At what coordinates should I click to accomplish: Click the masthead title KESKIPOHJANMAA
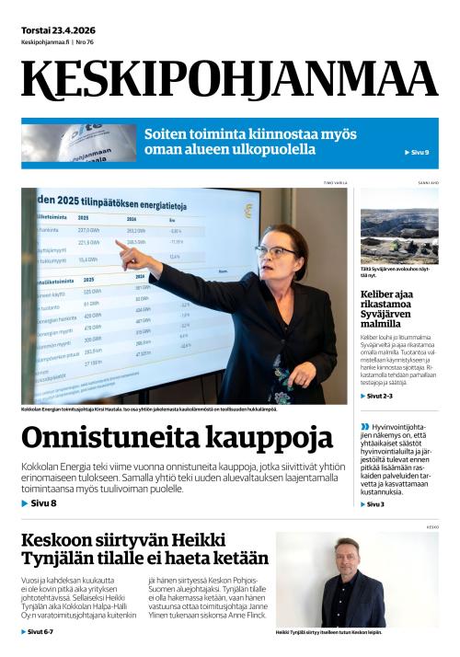pyautogui.click(x=229, y=81)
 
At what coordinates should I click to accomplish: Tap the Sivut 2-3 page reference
pyautogui.click(x=378, y=396)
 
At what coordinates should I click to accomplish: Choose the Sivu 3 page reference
pyautogui.click(x=374, y=504)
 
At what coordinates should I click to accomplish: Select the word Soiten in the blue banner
pyautogui.click(x=167, y=134)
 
